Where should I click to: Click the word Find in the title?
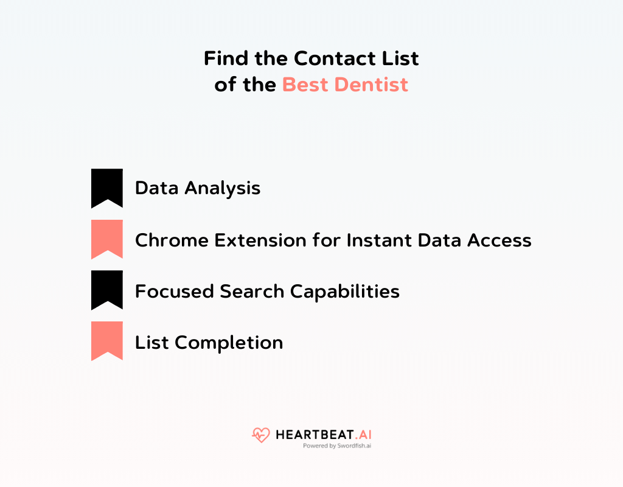(x=224, y=58)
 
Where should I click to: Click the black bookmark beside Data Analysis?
(x=107, y=187)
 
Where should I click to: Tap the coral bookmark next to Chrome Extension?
(x=107, y=239)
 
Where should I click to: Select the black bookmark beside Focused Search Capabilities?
(x=107, y=290)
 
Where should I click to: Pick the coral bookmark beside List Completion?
(x=107, y=340)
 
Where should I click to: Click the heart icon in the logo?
(x=260, y=435)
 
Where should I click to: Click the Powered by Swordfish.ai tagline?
(x=337, y=446)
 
